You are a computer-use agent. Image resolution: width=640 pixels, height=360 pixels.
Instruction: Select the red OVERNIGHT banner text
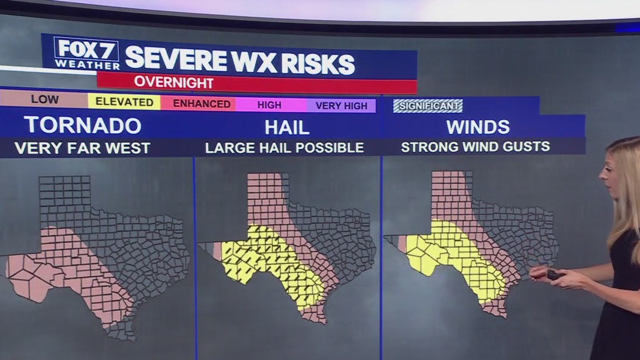coord(174,82)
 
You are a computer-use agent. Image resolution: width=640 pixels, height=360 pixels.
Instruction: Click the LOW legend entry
coord(44,100)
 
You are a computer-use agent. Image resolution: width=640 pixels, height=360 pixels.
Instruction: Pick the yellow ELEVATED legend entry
coord(124,102)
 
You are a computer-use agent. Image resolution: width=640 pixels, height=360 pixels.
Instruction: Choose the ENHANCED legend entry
coord(202,104)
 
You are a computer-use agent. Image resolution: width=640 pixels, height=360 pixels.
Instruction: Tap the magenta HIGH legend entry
coord(269,105)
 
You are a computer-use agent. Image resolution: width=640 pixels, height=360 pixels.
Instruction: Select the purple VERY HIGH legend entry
coord(341,106)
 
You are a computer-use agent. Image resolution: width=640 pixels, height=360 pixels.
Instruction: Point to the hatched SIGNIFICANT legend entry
coord(427,106)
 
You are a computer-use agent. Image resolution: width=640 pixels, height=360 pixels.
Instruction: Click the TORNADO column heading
coord(83,125)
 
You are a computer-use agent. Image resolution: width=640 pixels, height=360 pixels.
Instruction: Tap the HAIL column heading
coord(287,127)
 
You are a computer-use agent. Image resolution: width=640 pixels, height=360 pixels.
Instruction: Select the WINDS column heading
coord(478,127)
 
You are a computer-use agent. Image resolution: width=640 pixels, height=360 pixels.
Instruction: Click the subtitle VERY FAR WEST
coord(82,148)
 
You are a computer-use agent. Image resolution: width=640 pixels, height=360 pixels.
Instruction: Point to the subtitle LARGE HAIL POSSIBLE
coord(285,148)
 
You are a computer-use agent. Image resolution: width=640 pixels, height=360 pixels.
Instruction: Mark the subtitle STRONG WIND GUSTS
coord(475,146)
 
